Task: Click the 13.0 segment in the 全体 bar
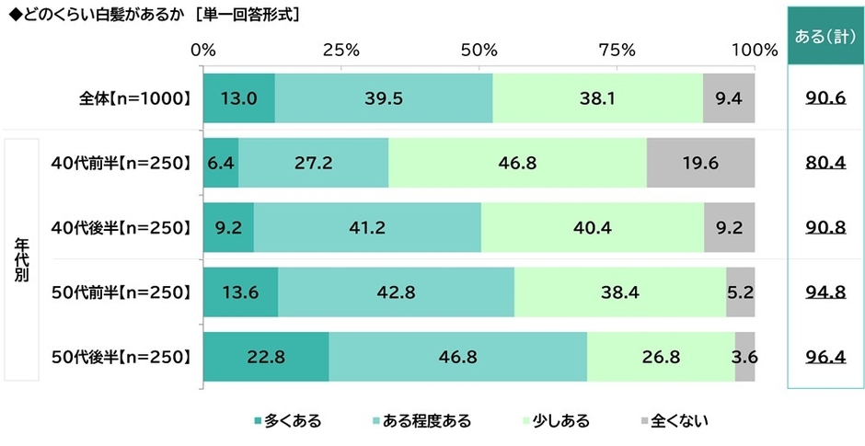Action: point(238,98)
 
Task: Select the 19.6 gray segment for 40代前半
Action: point(700,165)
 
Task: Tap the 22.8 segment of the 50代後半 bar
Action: point(266,357)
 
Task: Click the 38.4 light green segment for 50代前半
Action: point(619,292)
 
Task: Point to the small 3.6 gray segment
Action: point(745,357)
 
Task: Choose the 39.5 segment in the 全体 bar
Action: point(384,98)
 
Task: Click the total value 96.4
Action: point(825,357)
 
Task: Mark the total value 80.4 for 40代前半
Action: point(825,165)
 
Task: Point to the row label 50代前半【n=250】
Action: point(121,292)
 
